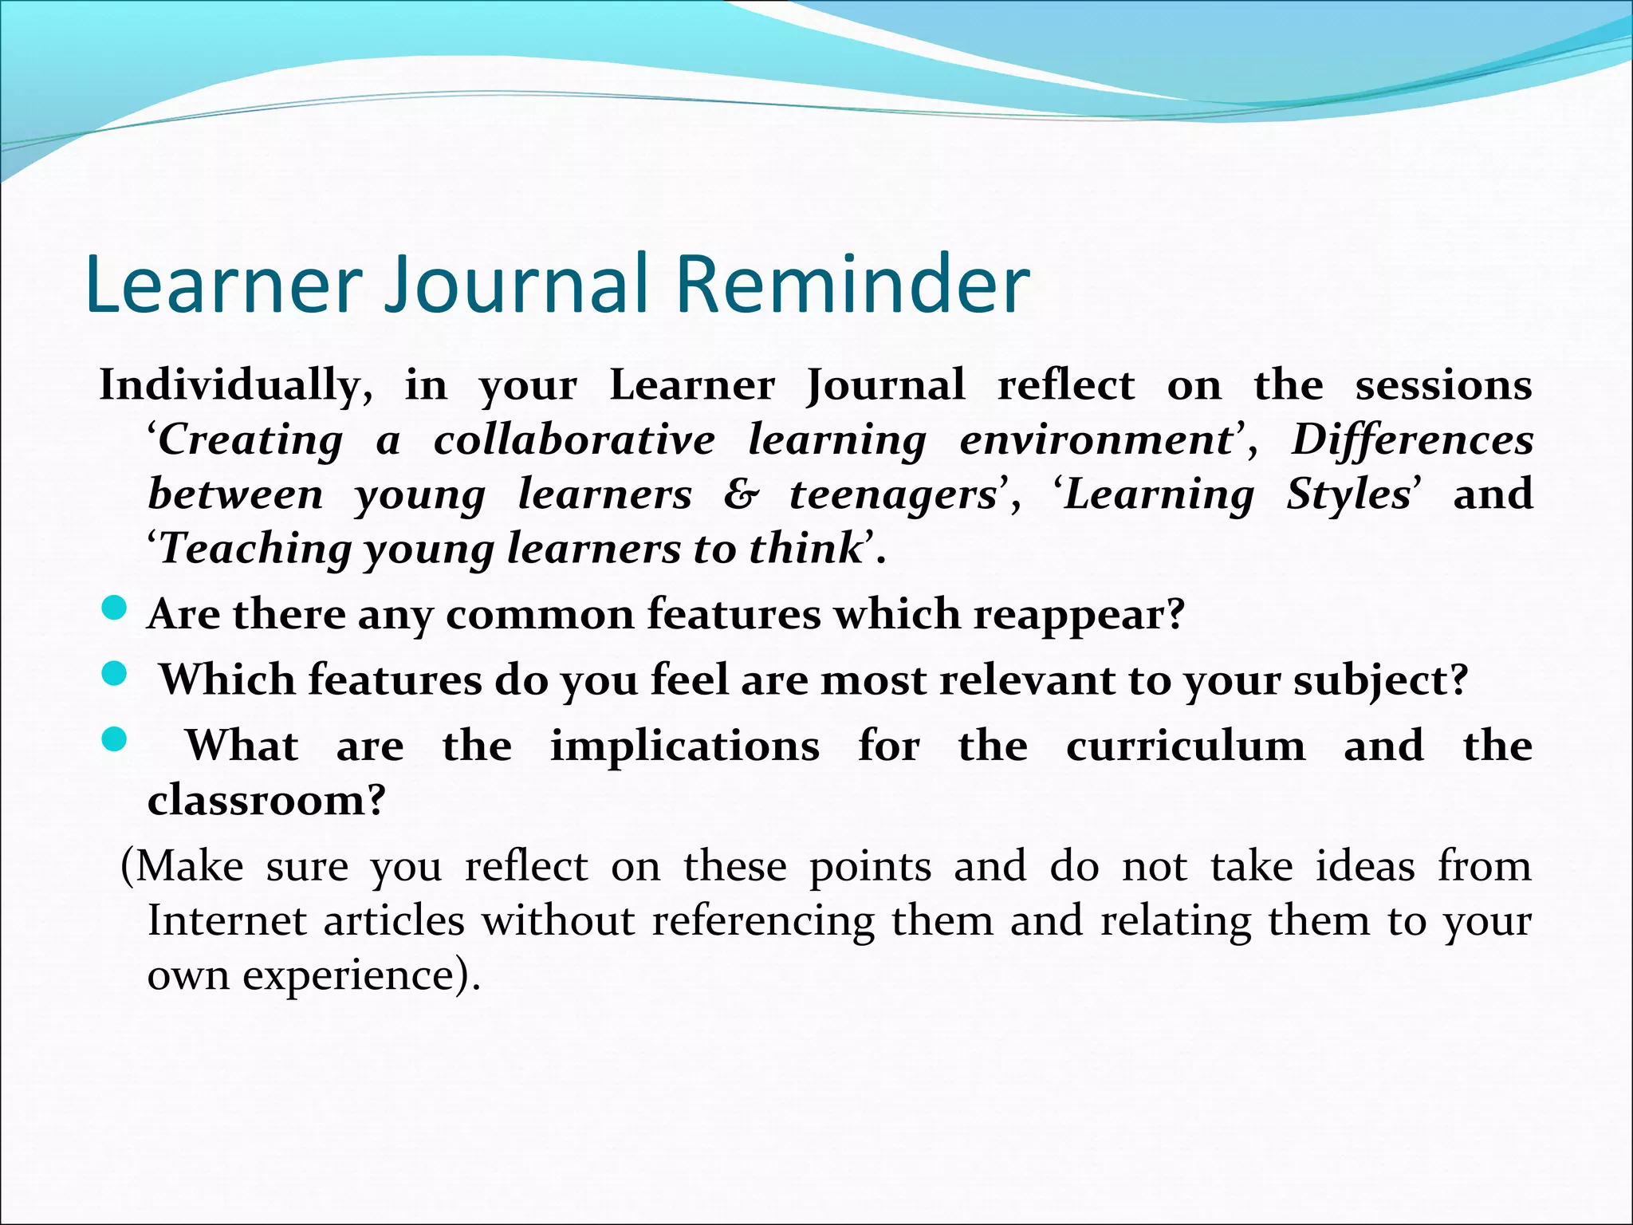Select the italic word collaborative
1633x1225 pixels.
coord(574,440)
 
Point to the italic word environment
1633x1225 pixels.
coord(1096,440)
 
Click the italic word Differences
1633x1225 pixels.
coord(1412,440)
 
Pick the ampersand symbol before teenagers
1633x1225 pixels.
coord(741,494)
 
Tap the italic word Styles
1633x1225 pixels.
coord(1348,494)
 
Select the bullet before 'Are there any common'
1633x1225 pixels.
coord(115,610)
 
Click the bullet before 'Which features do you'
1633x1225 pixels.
coord(115,676)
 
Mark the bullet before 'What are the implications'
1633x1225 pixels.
coord(115,741)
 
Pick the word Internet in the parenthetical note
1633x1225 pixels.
coord(227,920)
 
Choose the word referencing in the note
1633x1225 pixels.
coord(763,922)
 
